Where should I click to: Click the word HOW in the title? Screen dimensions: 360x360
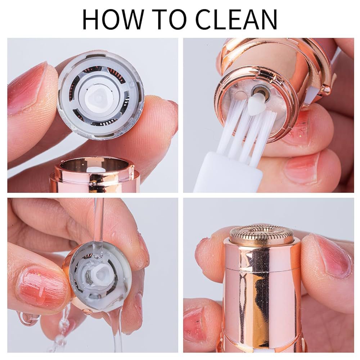coord(113,19)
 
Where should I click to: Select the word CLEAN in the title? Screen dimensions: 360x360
coord(237,19)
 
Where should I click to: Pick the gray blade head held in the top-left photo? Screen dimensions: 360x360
coord(100,95)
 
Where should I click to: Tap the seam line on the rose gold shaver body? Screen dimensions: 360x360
coord(262,268)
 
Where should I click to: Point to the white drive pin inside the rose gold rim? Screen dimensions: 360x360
coord(94,170)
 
